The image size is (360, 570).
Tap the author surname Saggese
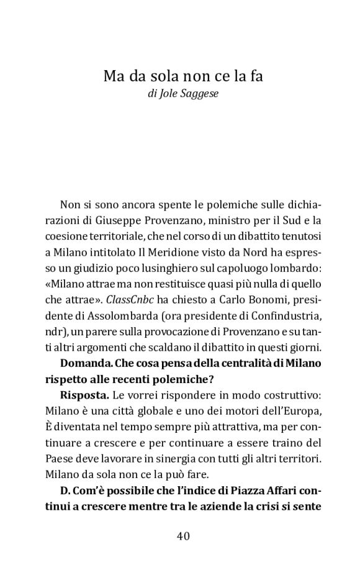tap(201, 95)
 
